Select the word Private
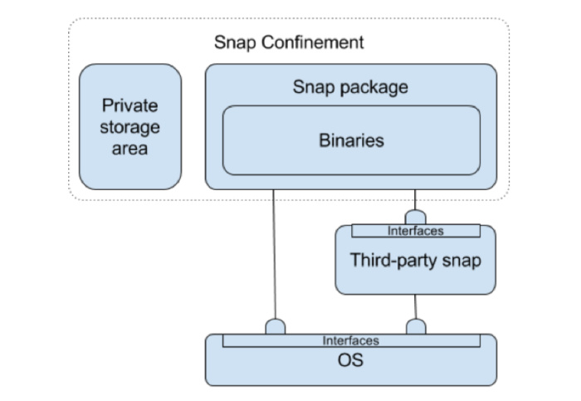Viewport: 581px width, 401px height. (129, 106)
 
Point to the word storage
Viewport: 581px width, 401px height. (129, 128)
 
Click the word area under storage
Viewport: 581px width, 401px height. (129, 149)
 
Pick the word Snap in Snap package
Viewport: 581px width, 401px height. (312, 86)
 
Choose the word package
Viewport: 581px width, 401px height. (370, 86)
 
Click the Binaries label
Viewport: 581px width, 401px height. (351, 139)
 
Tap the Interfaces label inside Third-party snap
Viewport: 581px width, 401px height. (415, 231)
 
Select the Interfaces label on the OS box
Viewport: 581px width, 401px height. (350, 340)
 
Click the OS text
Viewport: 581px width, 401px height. (350, 361)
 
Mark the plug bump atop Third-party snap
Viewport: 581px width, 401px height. (415, 218)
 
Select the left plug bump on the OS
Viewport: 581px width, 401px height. (275, 326)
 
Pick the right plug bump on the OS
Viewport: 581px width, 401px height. (415, 326)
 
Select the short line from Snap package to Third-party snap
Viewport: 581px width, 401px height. (415, 198)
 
